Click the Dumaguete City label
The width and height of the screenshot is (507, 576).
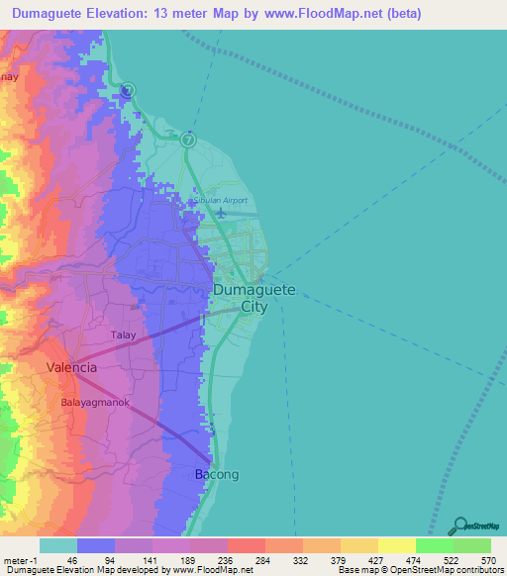tap(253, 298)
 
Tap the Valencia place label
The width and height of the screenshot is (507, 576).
tap(72, 367)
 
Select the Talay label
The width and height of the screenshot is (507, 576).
tap(123, 336)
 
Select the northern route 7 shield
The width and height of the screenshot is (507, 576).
tap(128, 91)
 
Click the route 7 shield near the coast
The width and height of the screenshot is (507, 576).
tap(188, 140)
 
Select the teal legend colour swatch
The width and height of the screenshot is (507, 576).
tap(58, 545)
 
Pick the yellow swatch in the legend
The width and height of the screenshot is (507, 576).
tap(396, 545)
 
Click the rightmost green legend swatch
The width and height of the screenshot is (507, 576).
tap(471, 545)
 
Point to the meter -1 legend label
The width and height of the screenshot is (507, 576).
tap(21, 559)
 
